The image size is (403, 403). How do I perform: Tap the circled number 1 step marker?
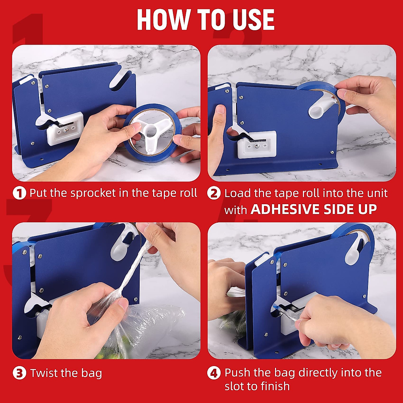(x=19, y=193)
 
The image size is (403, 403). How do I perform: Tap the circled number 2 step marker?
(x=214, y=193)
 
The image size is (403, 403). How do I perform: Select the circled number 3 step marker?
(x=19, y=373)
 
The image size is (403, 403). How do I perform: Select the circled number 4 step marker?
(x=214, y=373)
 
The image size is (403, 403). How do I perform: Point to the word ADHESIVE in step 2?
(x=285, y=210)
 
